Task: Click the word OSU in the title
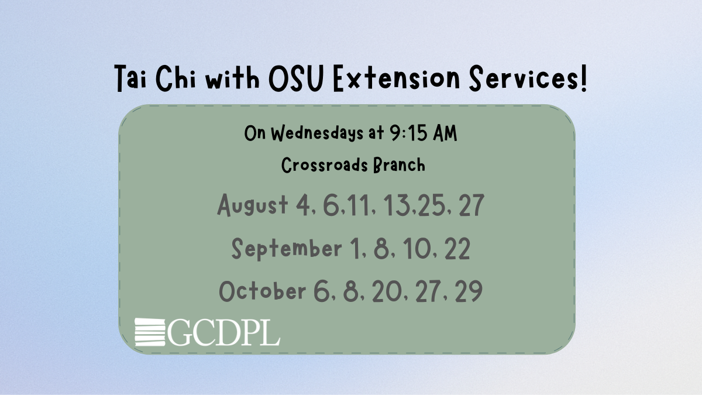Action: point(296,78)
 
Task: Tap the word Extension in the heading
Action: point(397,78)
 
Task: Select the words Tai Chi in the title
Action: point(156,78)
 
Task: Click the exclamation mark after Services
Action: point(583,78)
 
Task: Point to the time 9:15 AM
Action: point(424,133)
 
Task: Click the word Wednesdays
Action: point(318,133)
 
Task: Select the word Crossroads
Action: point(324,165)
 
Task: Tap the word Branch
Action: point(399,165)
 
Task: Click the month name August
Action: point(252,205)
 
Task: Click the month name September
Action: point(287,249)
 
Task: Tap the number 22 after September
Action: point(457,248)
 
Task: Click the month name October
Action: point(262,291)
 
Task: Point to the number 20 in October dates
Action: point(387,291)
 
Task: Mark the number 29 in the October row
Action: point(469,291)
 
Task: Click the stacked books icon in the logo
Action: point(150,332)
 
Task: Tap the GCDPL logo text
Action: point(223,332)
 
